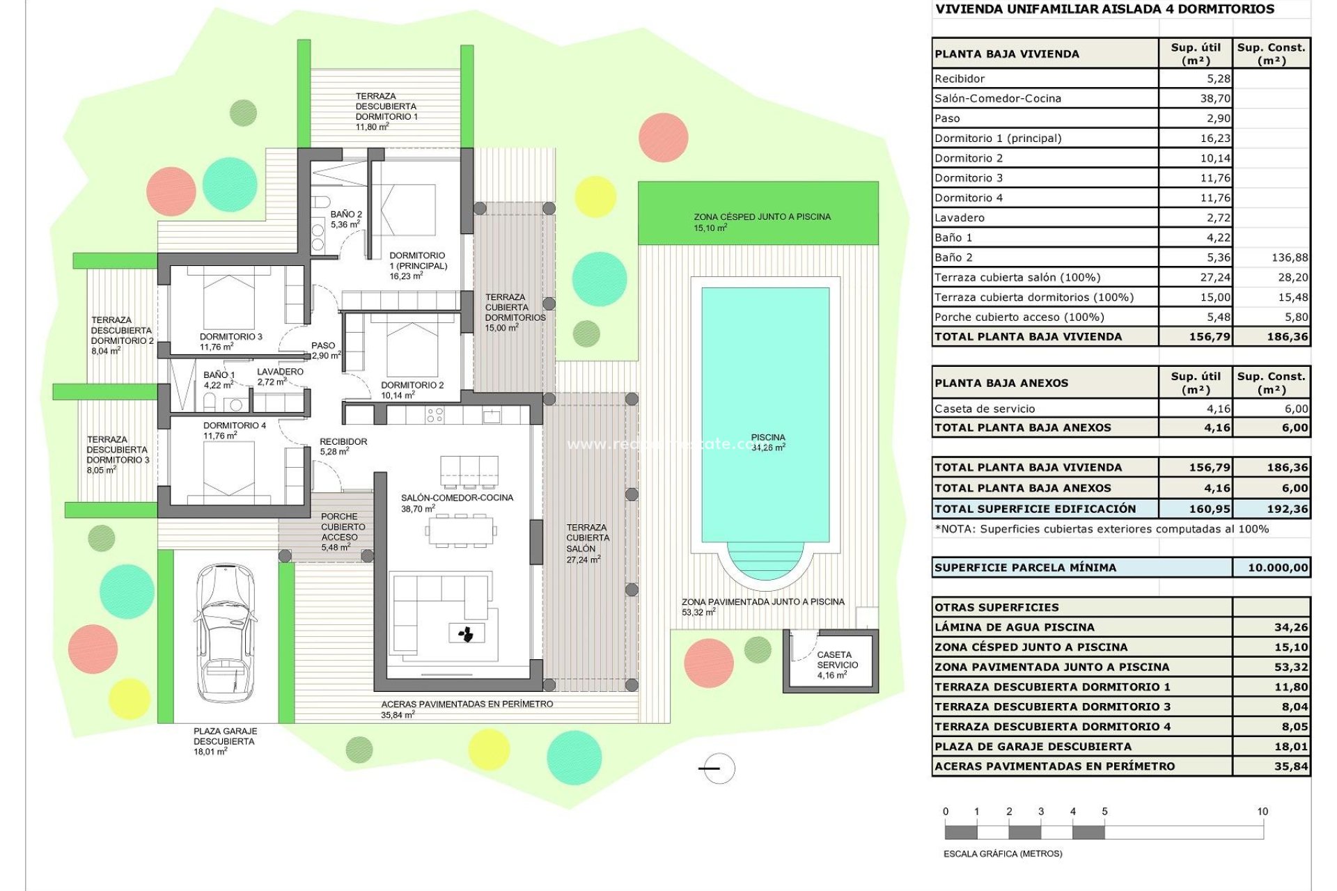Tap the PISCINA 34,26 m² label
(x=768, y=443)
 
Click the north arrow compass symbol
(x=717, y=768)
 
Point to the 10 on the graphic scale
(x=1262, y=812)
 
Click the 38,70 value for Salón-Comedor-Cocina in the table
(x=1214, y=99)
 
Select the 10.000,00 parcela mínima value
(x=1277, y=568)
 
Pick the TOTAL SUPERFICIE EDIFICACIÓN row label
(x=1035, y=509)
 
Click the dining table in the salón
(x=460, y=531)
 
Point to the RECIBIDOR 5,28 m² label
(x=343, y=446)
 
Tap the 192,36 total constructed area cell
(x=1287, y=509)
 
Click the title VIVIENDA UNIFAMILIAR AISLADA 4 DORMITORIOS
(x=1104, y=10)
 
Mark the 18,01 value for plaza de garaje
(x=1290, y=747)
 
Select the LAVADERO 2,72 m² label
(x=280, y=377)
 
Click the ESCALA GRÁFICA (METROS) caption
(x=1002, y=854)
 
